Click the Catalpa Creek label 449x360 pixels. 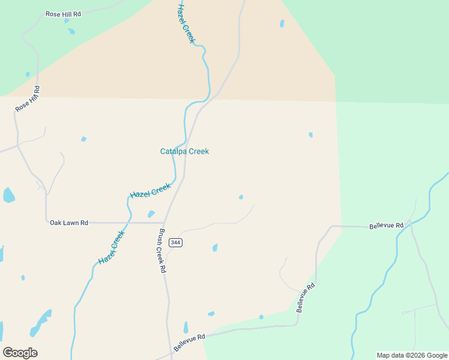[184, 152]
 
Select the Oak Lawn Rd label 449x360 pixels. [69, 223]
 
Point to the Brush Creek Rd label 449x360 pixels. [162, 251]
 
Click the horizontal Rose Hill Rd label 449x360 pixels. [63, 13]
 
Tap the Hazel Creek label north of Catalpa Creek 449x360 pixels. [187, 23]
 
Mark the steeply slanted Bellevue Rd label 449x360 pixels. [306, 298]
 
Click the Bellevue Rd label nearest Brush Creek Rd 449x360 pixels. [190, 343]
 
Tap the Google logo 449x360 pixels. [20, 353]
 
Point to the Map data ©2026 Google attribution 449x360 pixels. [412, 355]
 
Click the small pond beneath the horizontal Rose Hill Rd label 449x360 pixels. [71, 31]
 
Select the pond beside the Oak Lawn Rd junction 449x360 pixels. [151, 214]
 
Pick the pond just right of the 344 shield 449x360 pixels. [215, 247]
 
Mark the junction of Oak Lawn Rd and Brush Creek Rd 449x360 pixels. [164, 223]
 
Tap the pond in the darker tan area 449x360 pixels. [282, 24]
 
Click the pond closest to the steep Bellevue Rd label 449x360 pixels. [261, 317]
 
